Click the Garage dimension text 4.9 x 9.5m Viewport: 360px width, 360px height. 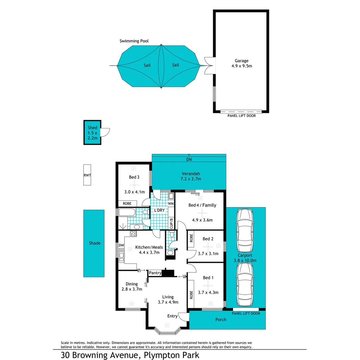pos(241,66)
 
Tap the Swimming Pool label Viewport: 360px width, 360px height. pos(134,41)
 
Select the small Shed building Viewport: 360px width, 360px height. pos(92,133)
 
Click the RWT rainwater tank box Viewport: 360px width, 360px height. pos(87,175)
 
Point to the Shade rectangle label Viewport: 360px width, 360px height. pos(94,243)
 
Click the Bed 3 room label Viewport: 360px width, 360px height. pos(134,177)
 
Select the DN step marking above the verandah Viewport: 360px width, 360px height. pos(189,160)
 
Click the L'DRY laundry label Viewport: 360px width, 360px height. pos(159,211)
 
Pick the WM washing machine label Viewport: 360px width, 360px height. pos(171,203)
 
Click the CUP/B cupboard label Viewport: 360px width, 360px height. pos(171,223)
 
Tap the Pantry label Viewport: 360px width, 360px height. pos(155,273)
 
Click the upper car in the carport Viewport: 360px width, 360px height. pos(244,231)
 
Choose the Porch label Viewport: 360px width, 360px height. pos(221,320)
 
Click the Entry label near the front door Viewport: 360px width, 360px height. pos(172,316)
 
